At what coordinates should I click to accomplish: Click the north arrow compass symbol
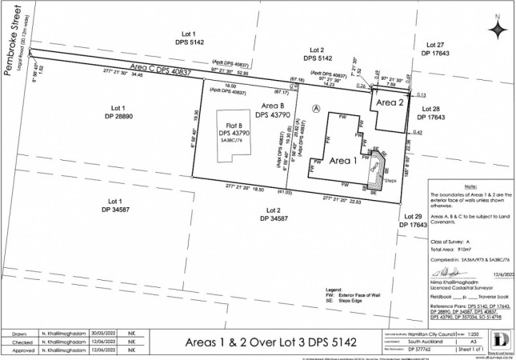(499, 28)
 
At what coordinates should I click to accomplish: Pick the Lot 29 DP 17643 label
(416, 222)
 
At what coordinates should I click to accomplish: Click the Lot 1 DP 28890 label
(120, 111)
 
